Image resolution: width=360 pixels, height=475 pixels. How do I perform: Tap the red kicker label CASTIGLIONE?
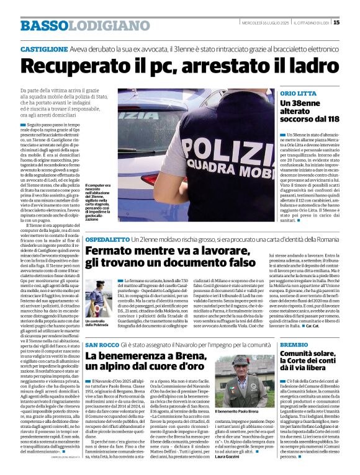[43, 48]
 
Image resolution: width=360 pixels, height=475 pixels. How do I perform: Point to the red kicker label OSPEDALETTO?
[106, 239]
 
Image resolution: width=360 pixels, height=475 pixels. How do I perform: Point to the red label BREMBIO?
[294, 344]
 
